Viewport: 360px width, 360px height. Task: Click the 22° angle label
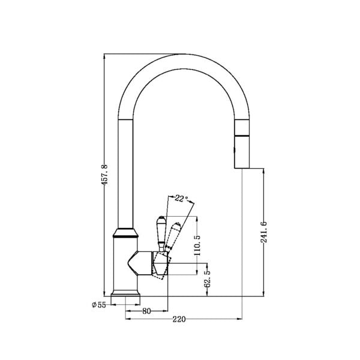pyautogui.click(x=181, y=198)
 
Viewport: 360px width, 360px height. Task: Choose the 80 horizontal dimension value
pyautogui.click(x=146, y=311)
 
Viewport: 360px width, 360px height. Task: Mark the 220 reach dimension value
pyautogui.click(x=178, y=319)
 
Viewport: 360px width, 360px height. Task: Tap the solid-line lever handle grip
pyautogui.click(x=161, y=228)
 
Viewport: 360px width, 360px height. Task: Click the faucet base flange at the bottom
pyautogui.click(x=126, y=295)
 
